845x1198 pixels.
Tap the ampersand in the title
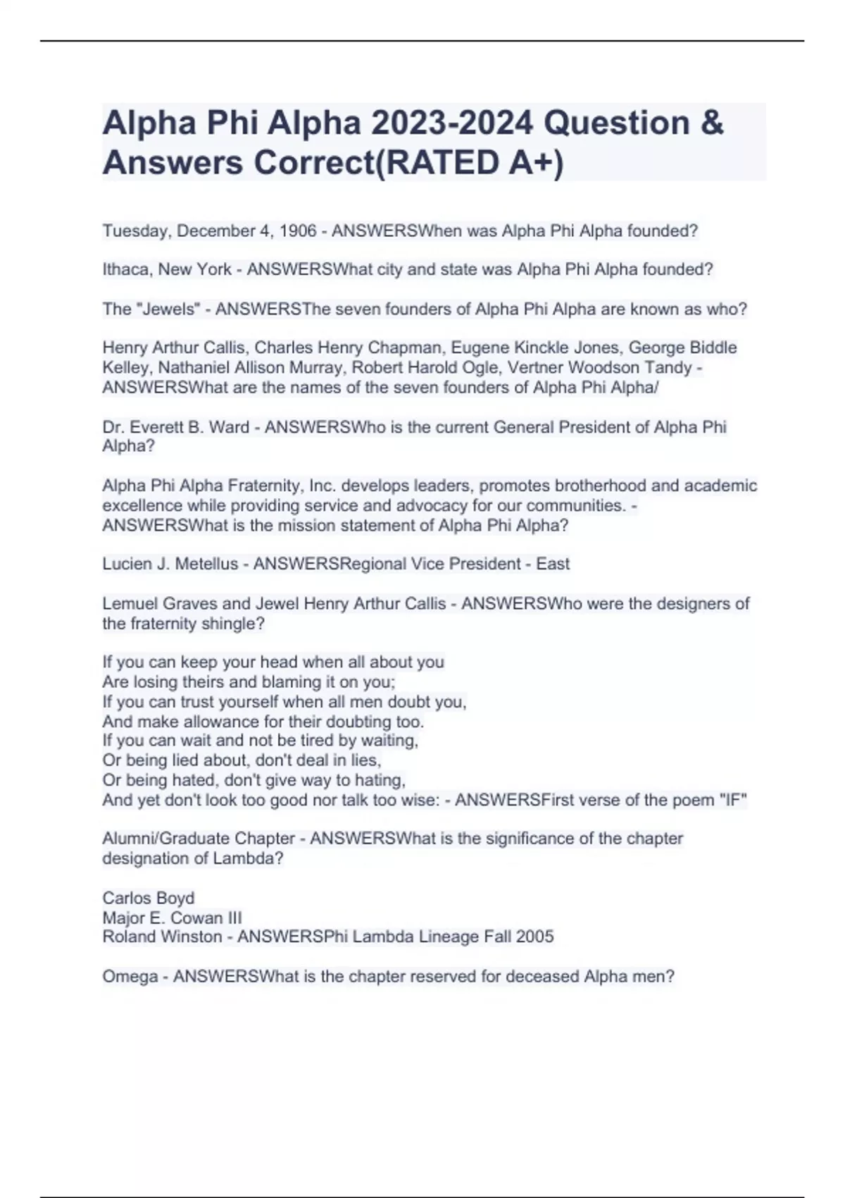point(712,123)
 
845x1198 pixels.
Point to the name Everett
point(154,428)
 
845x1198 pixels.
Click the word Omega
point(130,977)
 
